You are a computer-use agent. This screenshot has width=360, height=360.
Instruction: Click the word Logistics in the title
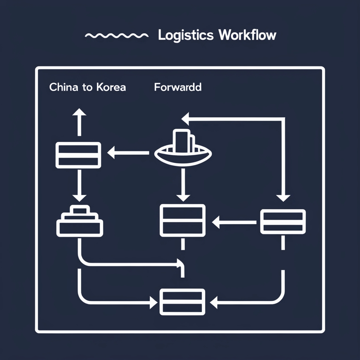pos(186,36)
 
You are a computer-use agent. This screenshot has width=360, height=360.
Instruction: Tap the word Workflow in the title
pos(247,36)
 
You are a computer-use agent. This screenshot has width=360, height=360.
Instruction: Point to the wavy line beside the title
pos(116,36)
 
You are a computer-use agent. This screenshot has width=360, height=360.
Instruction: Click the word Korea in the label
pos(110,87)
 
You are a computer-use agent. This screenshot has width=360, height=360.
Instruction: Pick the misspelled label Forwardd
pos(178,87)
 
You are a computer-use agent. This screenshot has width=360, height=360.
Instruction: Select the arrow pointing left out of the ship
pos(128,153)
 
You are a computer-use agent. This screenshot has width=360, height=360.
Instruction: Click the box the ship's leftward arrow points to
pos(78,155)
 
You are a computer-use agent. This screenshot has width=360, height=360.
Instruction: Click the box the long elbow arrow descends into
pos(283,221)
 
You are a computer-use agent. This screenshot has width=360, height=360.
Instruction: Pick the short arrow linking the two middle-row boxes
pos(234,222)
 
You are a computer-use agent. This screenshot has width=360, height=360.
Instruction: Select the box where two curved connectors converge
pos(182,302)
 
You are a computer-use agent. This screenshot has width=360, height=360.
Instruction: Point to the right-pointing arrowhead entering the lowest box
pos(153,302)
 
